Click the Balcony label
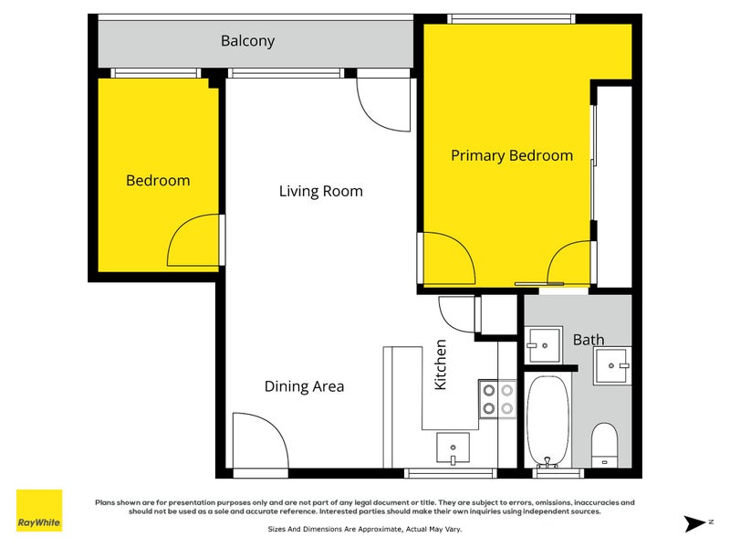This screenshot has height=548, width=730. pos(247,41)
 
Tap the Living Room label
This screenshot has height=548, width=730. pos(321,191)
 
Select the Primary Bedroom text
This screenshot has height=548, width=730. pos(512,155)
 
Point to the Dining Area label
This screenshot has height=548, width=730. pos(304,386)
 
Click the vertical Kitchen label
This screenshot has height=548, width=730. pos(441,364)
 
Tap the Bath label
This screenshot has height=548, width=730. pos(589,340)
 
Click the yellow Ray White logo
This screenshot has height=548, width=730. pos(39,511)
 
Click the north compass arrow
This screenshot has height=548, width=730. pos(695,523)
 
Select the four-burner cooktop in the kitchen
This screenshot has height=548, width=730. pos(497,399)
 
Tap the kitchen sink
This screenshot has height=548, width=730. pos(453,448)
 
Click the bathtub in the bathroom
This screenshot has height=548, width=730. pos(547,421)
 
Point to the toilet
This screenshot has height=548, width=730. pos(604,445)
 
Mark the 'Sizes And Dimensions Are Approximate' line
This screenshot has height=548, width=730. pos(364,530)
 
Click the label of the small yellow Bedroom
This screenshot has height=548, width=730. pos(158,181)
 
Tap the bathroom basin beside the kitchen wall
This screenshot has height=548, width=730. pos(544,345)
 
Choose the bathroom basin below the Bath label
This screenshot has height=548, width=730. pos(612,366)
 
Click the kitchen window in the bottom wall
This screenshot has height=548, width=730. pos(450,473)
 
